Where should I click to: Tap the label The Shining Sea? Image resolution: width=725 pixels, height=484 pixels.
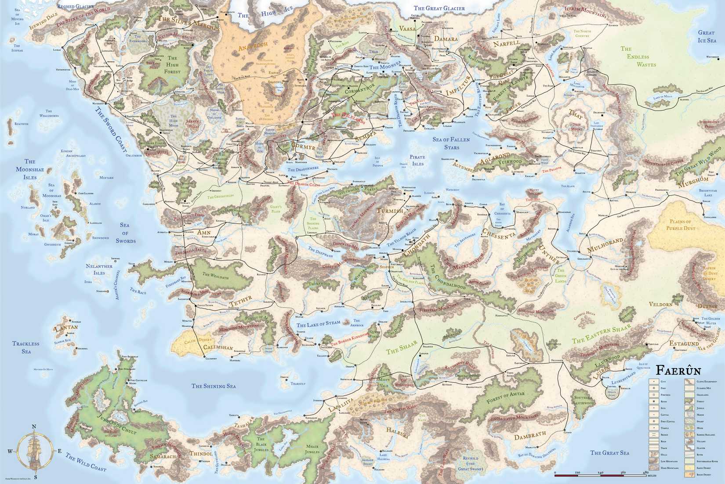pos(214,386)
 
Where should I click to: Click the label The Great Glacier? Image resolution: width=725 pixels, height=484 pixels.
pos(436,8)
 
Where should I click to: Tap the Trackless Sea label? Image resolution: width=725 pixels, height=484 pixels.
pos(25,348)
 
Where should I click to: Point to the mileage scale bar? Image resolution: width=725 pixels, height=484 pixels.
pos(600,473)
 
